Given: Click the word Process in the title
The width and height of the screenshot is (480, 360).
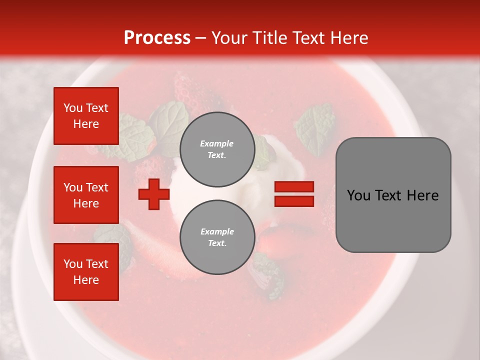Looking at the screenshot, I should click(157, 38).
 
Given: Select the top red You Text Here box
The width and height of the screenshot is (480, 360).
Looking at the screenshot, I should click(86, 116).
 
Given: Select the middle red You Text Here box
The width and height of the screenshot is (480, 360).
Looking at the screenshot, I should click(86, 195).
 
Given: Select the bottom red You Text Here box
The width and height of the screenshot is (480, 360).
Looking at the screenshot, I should click(86, 272).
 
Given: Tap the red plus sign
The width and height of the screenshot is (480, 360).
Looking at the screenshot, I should click(154, 194).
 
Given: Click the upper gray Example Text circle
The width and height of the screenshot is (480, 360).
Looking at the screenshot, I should click(217, 149).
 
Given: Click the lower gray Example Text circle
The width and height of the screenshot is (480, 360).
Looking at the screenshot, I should click(217, 237).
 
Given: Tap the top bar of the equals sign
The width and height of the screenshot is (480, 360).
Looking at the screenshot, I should click(294, 187).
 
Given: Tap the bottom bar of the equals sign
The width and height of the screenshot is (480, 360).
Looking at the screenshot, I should click(294, 201).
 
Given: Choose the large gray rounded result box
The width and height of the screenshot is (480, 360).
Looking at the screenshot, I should click(393, 194).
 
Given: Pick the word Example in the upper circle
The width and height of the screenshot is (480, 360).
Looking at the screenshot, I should click(217, 143).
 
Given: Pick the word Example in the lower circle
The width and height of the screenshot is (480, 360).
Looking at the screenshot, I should click(217, 231).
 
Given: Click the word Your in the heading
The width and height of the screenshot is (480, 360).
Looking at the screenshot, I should click(229, 38).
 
